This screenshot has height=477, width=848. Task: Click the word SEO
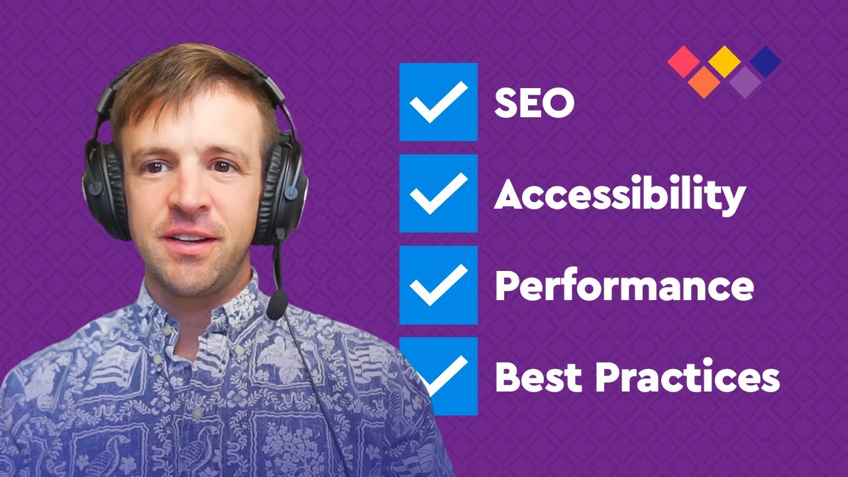click(534, 103)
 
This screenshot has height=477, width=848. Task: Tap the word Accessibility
click(620, 195)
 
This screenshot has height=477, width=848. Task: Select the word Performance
click(624, 286)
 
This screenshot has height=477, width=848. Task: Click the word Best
click(537, 376)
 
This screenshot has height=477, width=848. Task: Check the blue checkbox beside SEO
click(438, 102)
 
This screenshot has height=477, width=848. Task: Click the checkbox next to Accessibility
click(438, 193)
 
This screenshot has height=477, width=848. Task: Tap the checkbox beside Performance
click(438, 285)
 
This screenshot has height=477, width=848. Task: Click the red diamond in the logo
click(684, 61)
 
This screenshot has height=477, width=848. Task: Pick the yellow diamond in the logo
click(724, 61)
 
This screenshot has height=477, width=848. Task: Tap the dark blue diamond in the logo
click(765, 61)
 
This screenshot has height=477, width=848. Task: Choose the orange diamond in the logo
click(704, 81)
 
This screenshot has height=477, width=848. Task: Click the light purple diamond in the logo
click(745, 81)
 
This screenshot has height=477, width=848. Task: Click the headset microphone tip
click(277, 305)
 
